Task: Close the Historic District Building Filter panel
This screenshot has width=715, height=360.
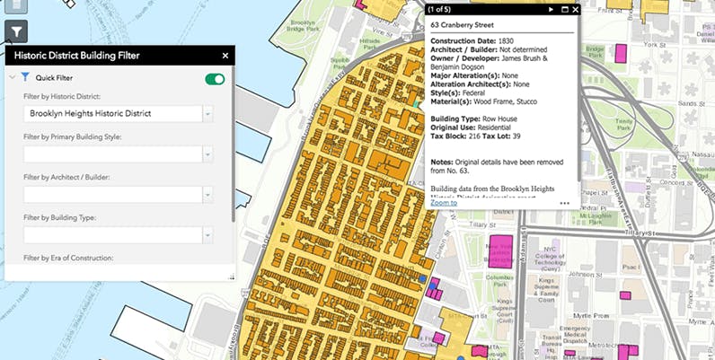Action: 225,56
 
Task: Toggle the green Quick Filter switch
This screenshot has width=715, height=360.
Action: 215,79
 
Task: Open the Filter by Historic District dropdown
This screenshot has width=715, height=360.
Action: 207,114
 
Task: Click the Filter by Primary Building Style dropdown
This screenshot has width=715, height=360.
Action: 207,154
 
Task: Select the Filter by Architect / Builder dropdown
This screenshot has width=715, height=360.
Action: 207,195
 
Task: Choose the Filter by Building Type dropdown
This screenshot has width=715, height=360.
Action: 207,235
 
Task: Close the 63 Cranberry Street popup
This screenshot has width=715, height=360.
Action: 576,10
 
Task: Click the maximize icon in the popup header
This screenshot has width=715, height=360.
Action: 564,10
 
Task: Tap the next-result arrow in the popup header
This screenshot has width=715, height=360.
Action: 552,10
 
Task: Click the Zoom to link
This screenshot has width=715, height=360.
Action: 443,203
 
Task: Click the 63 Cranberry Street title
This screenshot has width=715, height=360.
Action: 465,25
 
